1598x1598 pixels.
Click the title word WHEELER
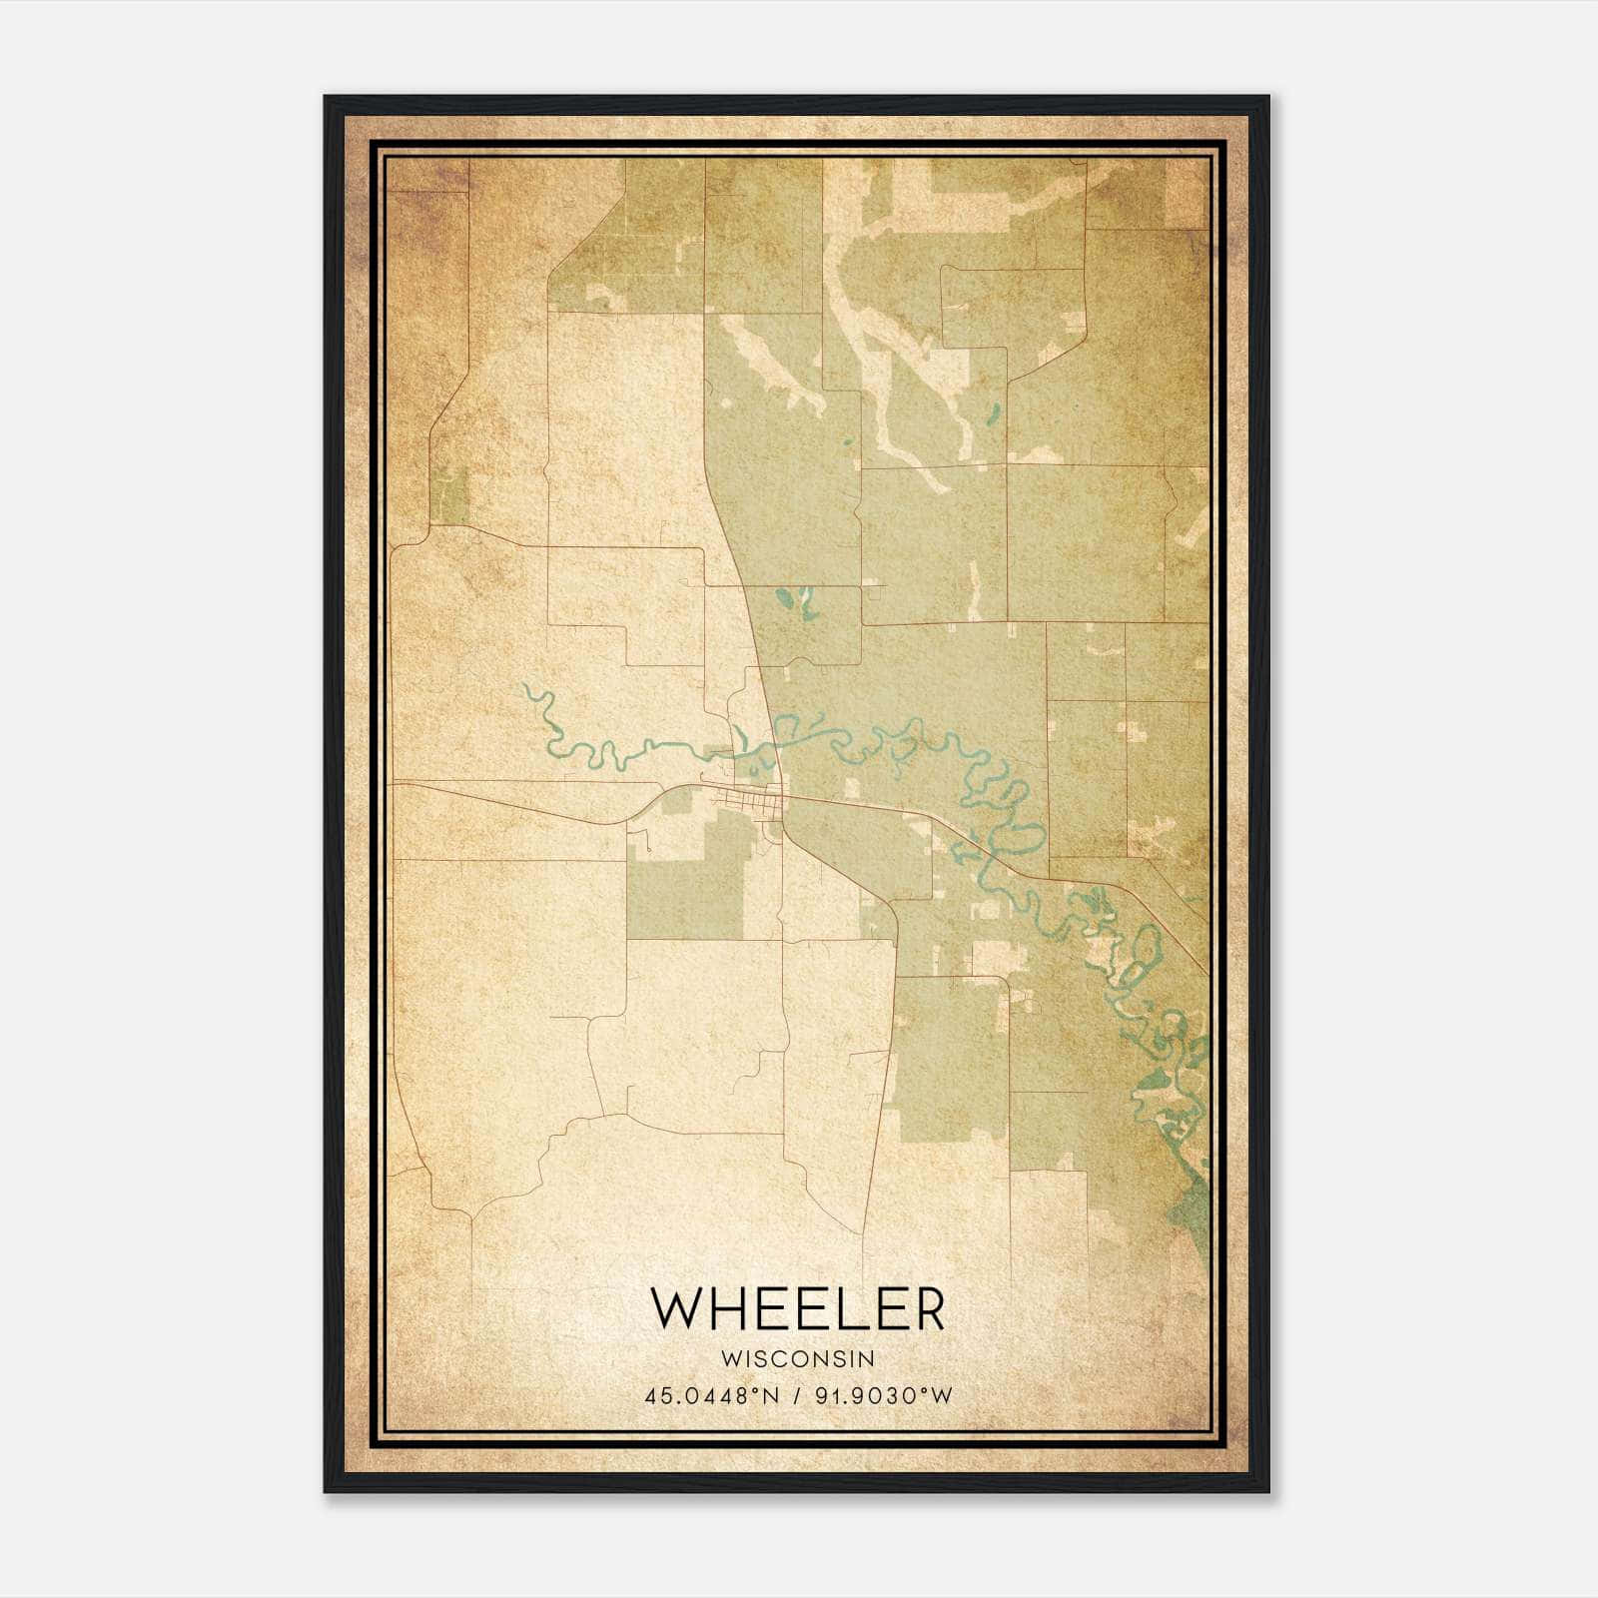(797, 1309)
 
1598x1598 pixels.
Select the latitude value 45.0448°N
(709, 1396)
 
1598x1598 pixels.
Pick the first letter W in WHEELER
(676, 1309)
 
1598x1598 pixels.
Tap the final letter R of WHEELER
(927, 1309)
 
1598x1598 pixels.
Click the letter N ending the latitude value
(773, 1396)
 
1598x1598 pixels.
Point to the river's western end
(524, 687)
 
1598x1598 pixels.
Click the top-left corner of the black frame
(327, 98)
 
